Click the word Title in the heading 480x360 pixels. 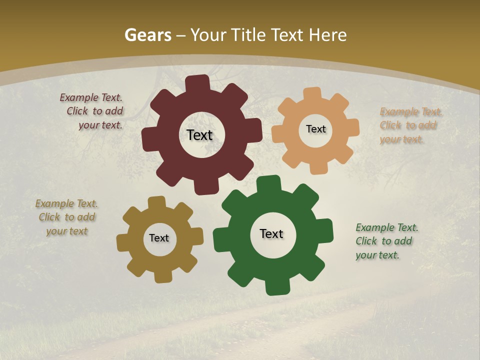pyautogui.click(x=250, y=35)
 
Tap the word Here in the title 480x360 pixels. pyautogui.click(x=328, y=35)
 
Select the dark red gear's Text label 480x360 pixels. pyautogui.click(x=199, y=135)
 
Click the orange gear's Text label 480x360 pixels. pyautogui.click(x=315, y=129)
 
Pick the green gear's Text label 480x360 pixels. pyautogui.click(x=271, y=233)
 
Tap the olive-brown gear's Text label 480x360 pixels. pyautogui.click(x=159, y=238)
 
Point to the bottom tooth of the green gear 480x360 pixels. pyautogui.click(x=276, y=287)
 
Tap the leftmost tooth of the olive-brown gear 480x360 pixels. pyautogui.click(x=122, y=242)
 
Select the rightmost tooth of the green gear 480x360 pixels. pyautogui.click(x=326, y=231)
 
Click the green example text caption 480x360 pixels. pyautogui.click(x=386, y=241)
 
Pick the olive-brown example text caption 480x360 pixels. pyautogui.click(x=66, y=217)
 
